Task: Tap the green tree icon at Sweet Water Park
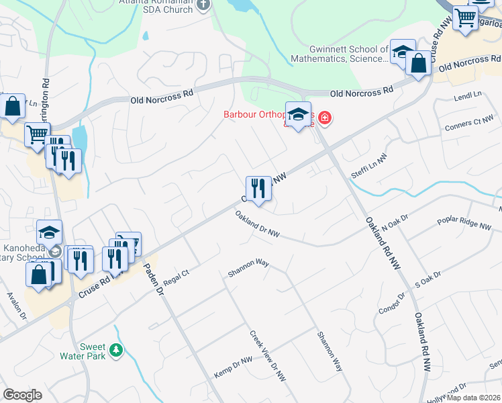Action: [x=117, y=350]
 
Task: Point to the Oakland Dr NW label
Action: [x=257, y=224]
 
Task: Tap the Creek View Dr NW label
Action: [x=268, y=356]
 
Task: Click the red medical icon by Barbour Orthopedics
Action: [x=325, y=119]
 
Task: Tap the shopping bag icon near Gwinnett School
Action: [x=419, y=64]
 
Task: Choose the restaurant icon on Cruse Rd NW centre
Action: [x=258, y=189]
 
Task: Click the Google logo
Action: [x=23, y=395]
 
